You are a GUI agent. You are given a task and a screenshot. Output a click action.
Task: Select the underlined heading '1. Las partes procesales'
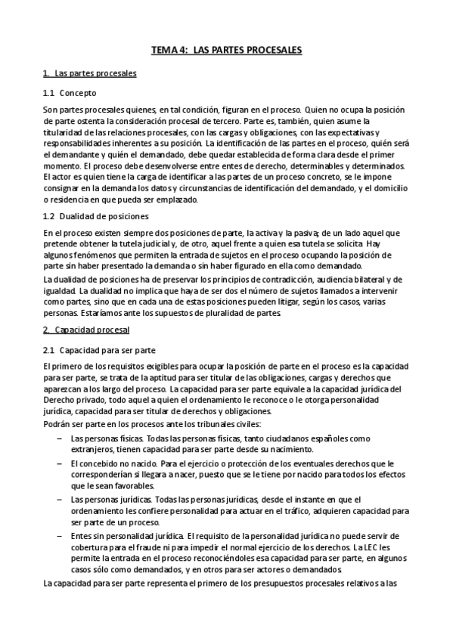90,73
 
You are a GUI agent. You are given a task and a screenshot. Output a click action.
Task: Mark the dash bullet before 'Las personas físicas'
52,438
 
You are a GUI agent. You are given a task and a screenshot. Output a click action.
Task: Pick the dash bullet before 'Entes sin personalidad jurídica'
52,535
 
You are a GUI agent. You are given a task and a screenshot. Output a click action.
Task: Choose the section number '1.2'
49,215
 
